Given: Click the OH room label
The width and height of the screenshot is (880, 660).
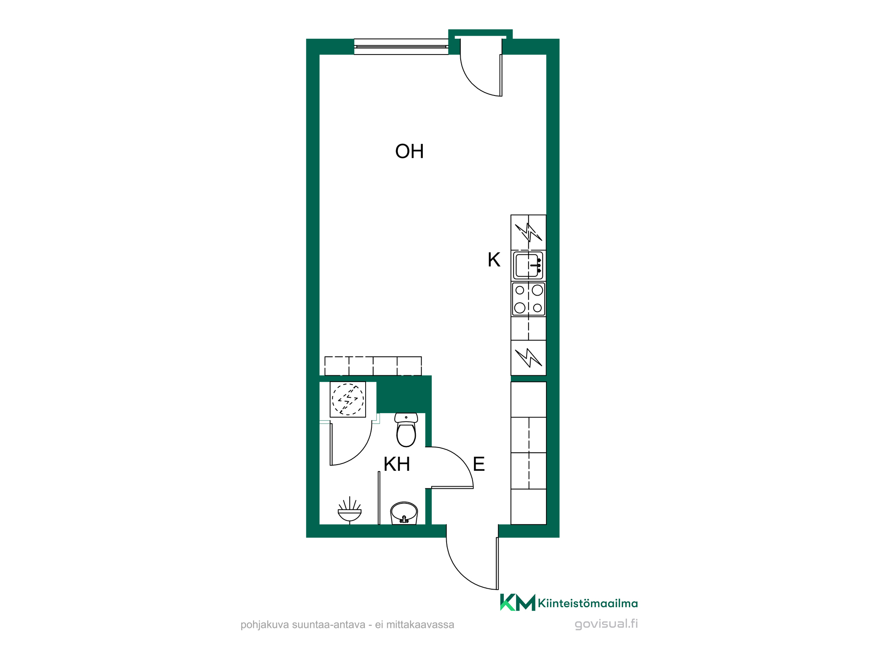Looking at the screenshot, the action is [409, 151].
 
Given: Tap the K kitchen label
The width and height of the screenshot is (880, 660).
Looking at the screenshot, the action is [494, 260].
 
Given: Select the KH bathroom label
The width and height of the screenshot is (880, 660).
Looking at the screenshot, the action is [396, 464].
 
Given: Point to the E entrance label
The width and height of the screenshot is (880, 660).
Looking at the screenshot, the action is [479, 464].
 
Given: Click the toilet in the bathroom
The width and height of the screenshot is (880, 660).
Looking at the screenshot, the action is [406, 430].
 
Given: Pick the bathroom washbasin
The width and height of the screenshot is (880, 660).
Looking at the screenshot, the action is [404, 513].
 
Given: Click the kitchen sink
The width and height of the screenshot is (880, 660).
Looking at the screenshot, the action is [528, 265].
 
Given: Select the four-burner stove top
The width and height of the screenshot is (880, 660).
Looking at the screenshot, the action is [528, 299].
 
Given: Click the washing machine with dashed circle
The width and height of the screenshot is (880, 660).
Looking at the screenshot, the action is [348, 400].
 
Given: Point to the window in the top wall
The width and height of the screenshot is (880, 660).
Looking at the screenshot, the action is [401, 47].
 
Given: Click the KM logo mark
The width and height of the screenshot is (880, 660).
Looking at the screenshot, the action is [517, 602].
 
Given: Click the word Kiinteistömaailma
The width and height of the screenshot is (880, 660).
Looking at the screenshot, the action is [588, 603].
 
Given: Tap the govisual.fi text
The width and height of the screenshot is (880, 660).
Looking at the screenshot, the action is [606, 624].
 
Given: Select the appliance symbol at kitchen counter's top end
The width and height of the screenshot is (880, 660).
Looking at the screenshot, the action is [528, 232].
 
